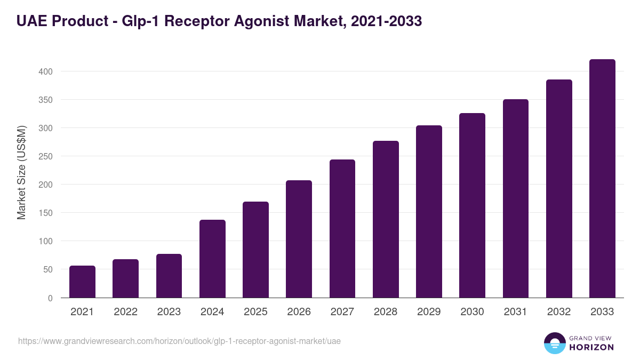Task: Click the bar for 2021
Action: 82,282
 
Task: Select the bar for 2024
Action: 212,259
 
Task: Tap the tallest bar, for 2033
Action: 602,179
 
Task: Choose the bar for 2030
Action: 472,205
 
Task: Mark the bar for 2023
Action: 169,276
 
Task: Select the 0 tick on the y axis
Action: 50,298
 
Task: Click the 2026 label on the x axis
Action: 299,312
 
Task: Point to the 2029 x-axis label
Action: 429,312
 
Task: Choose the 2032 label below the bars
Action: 559,312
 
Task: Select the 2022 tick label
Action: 125,312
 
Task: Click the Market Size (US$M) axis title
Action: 21,173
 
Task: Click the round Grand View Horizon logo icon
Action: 554,343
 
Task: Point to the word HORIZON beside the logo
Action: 591,347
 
